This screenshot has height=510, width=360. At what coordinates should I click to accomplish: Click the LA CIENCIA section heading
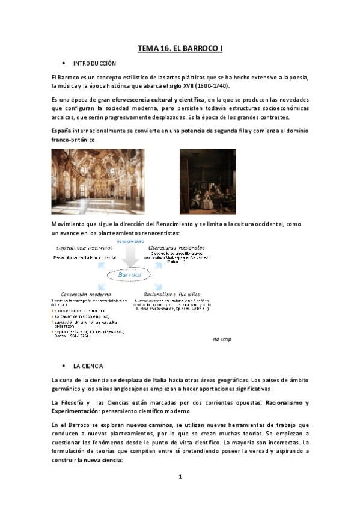88,366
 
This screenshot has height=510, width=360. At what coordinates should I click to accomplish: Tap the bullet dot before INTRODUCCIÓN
63,63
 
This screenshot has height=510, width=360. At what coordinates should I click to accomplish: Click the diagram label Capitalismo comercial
83,248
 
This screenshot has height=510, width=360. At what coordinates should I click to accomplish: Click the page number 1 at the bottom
180,477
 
